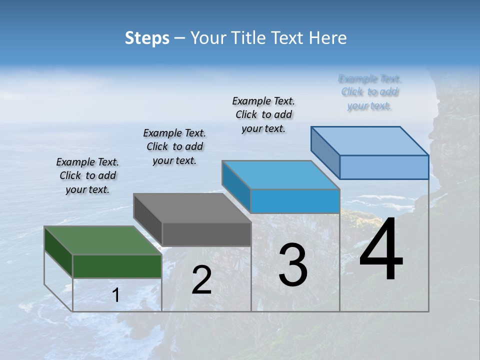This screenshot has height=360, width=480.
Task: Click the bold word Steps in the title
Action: [147, 38]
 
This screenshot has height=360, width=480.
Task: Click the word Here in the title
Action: [328, 38]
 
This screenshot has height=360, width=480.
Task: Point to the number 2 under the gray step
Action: [202, 280]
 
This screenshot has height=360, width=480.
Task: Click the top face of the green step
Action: [103, 240]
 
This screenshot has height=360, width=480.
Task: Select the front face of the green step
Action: [117, 266]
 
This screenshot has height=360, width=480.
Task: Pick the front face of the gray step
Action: [206, 234]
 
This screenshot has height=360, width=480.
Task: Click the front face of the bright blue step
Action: [295, 201]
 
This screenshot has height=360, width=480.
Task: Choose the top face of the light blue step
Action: [370, 140]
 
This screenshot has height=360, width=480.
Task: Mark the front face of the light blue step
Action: [384, 167]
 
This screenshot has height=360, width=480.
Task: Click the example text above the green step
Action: [87, 176]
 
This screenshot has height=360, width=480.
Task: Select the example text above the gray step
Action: [174, 146]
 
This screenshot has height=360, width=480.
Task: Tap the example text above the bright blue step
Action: [263, 114]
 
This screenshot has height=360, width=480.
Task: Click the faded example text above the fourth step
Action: [370, 92]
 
